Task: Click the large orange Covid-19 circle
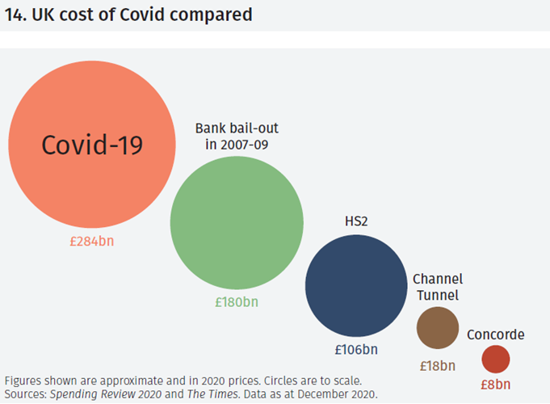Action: pyautogui.click(x=91, y=145)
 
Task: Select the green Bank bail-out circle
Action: pyautogui.click(x=237, y=222)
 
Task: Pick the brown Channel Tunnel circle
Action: pyautogui.click(x=437, y=327)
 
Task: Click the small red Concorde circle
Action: pyautogui.click(x=496, y=359)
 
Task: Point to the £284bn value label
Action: pyautogui.click(x=91, y=241)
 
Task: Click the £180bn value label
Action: pyautogui.click(x=237, y=302)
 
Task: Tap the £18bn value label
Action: pyautogui.click(x=437, y=365)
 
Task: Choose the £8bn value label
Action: pyautogui.click(x=496, y=385)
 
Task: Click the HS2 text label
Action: pyautogui.click(x=356, y=220)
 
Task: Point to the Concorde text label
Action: pyautogui.click(x=496, y=335)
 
